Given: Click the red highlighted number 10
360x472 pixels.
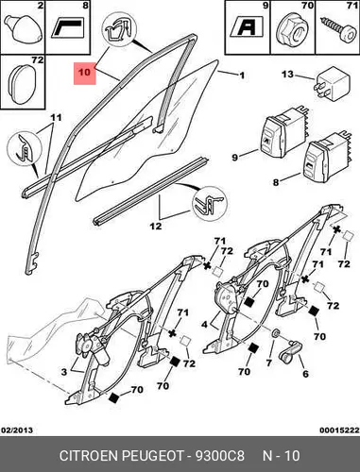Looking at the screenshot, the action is click(x=84, y=73).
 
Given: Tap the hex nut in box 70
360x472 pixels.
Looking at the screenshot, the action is click(x=292, y=31).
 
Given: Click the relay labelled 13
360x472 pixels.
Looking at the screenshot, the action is click(x=332, y=84).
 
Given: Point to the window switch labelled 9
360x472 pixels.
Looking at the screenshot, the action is click(x=284, y=133).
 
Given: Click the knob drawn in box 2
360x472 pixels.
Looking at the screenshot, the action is click(x=23, y=28).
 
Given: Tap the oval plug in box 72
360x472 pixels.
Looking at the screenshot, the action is click(x=22, y=84).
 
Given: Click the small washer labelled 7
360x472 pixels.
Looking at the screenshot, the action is click(x=276, y=333).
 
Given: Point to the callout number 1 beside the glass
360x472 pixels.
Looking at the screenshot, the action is click(x=241, y=76).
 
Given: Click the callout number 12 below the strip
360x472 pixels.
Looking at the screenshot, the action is click(x=156, y=226).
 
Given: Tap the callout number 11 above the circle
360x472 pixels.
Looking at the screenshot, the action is click(x=56, y=118).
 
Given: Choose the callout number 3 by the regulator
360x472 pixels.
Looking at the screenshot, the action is click(x=64, y=372).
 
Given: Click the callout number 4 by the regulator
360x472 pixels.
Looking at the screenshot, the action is click(x=205, y=324).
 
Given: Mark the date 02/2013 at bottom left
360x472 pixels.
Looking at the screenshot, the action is click(x=17, y=430).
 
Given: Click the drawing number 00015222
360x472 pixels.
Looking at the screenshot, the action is click(x=339, y=430).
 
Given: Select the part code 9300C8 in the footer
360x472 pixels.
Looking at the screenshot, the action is click(x=220, y=456).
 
